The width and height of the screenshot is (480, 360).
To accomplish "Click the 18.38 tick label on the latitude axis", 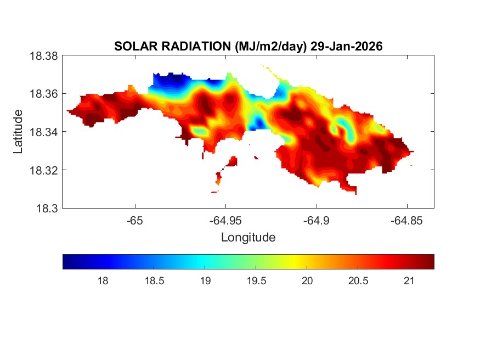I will (x=43, y=55).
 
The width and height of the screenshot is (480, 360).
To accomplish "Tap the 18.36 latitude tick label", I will (x=43, y=94).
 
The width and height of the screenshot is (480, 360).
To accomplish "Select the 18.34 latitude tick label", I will (x=43, y=132).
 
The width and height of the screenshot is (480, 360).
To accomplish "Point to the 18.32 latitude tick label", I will (x=43, y=170).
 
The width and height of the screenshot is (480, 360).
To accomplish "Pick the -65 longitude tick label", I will (x=134, y=221).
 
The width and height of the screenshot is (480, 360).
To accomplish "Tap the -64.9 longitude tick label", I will (x=316, y=221).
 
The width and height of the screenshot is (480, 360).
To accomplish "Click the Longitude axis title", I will (x=248, y=238).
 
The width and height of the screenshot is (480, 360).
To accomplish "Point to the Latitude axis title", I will (x=19, y=132).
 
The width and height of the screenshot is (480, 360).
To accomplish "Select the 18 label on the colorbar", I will (x=102, y=281).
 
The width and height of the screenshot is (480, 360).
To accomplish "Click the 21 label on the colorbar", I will (x=408, y=281).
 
